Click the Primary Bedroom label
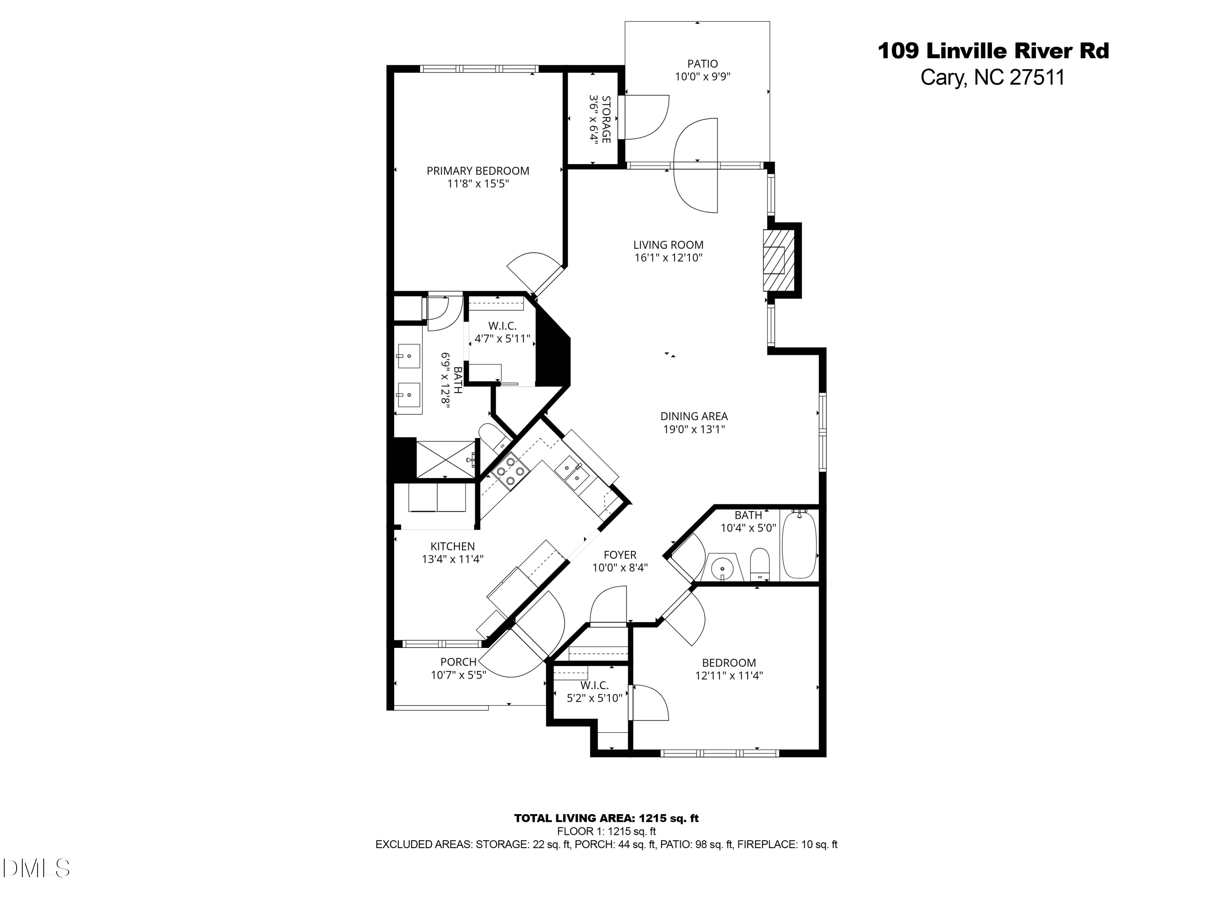tap(478, 171)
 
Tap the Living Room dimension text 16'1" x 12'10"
tap(668, 258)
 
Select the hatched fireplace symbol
tap(778, 260)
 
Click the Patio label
tap(702, 63)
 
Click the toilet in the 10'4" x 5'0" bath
tap(759, 563)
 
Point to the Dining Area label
tap(694, 416)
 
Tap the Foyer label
tap(620, 555)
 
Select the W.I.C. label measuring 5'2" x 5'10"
tap(594, 686)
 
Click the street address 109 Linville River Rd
tap(993, 51)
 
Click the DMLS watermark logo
tap(36, 868)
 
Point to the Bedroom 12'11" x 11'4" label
tap(729, 662)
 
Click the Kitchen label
tap(452, 546)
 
